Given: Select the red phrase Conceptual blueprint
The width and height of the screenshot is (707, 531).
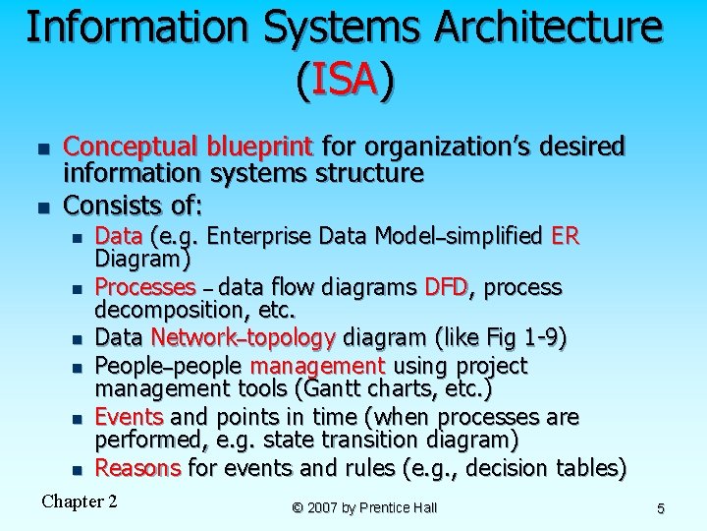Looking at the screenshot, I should click(x=188, y=147).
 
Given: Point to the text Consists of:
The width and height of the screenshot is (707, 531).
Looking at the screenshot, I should click(x=133, y=205).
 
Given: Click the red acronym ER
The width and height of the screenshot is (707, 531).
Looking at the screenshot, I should click(x=566, y=236).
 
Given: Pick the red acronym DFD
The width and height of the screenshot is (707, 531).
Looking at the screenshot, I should click(x=447, y=287).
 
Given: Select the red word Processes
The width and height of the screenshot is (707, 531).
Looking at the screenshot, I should click(x=145, y=287).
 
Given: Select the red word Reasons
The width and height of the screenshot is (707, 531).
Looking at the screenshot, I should click(x=137, y=468).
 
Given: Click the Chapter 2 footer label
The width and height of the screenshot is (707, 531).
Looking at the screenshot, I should click(x=80, y=501).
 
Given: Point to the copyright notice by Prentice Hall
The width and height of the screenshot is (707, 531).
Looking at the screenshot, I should click(x=364, y=507).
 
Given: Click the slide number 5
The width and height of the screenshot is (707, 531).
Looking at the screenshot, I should click(x=661, y=508).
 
